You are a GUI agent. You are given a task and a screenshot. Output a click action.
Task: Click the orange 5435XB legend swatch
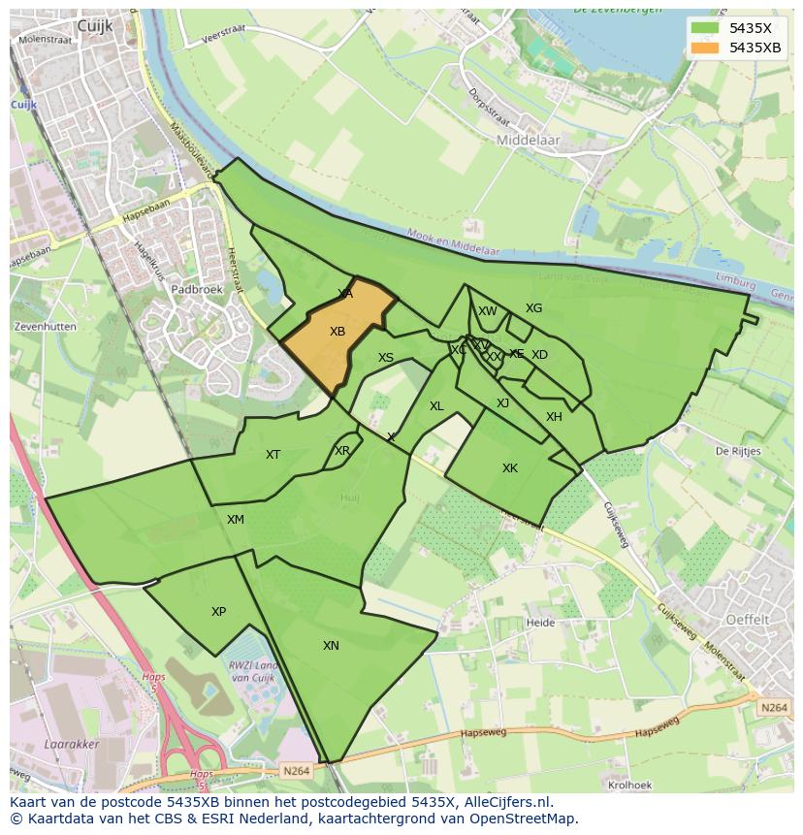pos(705,48)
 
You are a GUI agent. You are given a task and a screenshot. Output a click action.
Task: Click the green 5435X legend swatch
pos(705,27)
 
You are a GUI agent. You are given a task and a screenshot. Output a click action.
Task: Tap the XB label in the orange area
pos(337,332)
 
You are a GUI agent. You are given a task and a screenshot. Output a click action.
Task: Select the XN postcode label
pos(331,646)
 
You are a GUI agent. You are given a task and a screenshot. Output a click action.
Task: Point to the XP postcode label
pos(218,612)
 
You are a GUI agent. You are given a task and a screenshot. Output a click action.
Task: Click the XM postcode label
pos(236,520)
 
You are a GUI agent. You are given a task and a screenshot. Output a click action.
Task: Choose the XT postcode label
pos(273,455)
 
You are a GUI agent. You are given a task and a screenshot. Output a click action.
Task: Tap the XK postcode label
pos(510,468)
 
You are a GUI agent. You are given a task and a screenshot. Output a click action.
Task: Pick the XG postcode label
pos(533,308)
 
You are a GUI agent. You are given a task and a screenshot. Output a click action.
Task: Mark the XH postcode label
pos(554,417)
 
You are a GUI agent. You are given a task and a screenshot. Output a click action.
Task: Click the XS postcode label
pos(386,358)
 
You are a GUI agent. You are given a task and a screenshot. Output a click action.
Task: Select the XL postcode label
pos(436,406)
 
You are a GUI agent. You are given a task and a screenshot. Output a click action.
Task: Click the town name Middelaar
pos(528,141)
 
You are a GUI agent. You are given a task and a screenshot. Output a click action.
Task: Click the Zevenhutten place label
pos(46,327)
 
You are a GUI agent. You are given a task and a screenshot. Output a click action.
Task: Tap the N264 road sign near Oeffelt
pos(774,708)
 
